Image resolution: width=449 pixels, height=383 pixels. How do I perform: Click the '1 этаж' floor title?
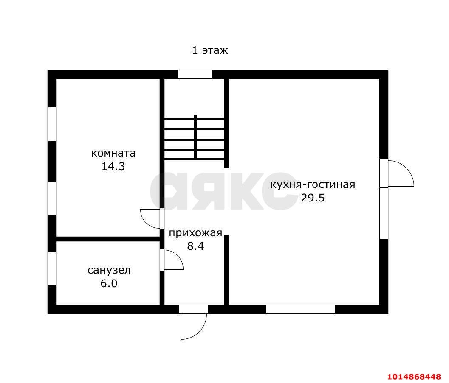(210, 50)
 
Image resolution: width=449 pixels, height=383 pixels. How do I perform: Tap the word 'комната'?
(113, 153)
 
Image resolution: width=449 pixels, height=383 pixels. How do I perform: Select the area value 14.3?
(113, 166)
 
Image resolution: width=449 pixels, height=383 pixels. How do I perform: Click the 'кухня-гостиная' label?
(312, 185)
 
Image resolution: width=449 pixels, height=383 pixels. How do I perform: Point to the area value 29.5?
(313, 198)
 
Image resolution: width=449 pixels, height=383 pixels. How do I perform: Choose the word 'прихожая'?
(195, 233)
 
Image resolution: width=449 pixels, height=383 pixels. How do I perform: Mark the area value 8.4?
(196, 246)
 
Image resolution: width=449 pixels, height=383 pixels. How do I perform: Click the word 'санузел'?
(109, 270)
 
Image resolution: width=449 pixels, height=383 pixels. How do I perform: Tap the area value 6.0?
(109, 283)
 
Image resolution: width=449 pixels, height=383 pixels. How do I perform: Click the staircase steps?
(195, 138)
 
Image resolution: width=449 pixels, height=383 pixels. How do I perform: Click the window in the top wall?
(195, 75)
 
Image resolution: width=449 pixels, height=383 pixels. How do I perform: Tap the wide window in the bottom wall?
(300, 309)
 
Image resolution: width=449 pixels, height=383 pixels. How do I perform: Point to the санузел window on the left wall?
(52, 268)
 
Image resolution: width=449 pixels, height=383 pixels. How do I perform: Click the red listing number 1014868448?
(414, 376)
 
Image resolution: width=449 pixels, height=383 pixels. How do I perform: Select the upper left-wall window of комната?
(52, 123)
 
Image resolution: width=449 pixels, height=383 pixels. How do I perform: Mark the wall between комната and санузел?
(108, 239)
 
